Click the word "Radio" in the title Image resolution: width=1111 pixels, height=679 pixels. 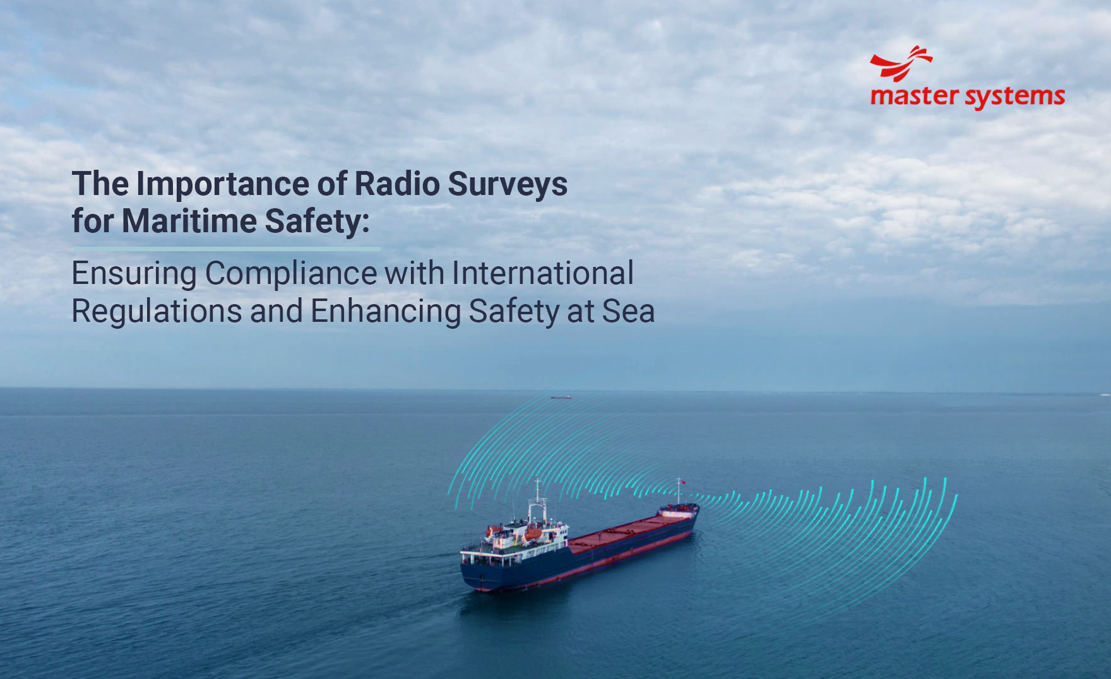(397, 184)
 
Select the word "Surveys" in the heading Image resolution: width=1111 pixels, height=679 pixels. (508, 185)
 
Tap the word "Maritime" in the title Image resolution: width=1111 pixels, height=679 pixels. (189, 221)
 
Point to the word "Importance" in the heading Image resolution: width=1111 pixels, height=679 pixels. (223, 185)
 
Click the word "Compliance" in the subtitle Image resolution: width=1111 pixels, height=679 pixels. (291, 274)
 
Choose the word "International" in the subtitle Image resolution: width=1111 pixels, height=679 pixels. (542, 273)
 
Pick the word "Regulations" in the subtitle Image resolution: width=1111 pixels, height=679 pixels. (157, 312)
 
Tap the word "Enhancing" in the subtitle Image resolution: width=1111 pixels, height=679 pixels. (386, 312)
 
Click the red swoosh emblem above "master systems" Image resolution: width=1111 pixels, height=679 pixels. (901, 63)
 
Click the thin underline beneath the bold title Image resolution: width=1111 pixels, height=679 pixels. (226, 249)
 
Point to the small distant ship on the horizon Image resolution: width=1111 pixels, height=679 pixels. (561, 397)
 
